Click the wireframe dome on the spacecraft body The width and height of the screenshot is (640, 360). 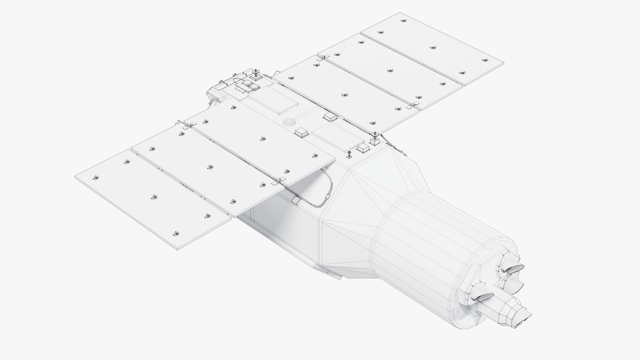click(289, 122)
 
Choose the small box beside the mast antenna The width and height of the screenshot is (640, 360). click(363, 149)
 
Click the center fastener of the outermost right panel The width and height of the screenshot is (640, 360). click(433, 48)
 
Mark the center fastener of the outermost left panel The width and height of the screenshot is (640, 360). click(154, 197)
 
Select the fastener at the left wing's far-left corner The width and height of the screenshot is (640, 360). click(96, 177)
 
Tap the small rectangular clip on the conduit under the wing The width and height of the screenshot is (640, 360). click(295, 200)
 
